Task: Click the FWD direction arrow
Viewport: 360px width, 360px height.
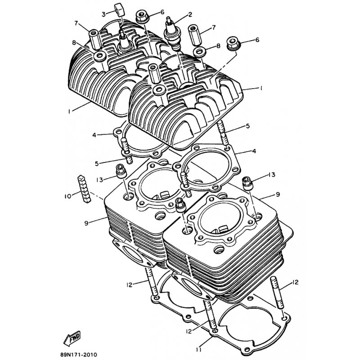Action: tap(72, 338)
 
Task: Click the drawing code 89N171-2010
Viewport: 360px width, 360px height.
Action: tap(78, 355)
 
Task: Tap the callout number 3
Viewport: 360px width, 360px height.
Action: tap(103, 14)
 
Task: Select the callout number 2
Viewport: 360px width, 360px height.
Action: tap(190, 15)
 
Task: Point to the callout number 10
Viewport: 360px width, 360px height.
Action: tap(68, 197)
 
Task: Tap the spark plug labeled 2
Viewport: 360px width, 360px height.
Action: tap(172, 33)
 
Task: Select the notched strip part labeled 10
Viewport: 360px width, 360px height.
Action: tap(84, 189)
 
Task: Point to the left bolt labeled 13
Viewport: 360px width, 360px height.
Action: tap(121, 171)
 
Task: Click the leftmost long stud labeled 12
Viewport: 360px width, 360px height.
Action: tap(152, 281)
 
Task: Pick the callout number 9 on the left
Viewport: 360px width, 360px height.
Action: tap(86, 223)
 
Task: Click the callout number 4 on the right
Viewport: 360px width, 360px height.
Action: tap(254, 151)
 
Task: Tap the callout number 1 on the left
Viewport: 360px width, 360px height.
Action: tap(69, 111)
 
